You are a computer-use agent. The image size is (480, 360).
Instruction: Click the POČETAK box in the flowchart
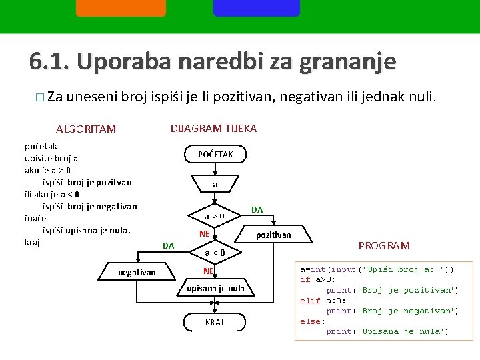coord(215,155)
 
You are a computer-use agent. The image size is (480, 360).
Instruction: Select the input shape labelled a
coord(215,184)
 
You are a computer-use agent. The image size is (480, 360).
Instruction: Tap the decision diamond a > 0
coord(215,216)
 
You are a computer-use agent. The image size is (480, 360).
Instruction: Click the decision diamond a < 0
coord(215,253)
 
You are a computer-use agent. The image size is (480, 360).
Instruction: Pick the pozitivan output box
coord(273,235)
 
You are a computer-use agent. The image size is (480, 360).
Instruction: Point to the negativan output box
coord(137,272)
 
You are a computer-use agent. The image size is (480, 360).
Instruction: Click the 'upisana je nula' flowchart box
coord(215,289)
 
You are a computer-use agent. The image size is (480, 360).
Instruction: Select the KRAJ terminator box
coord(215,322)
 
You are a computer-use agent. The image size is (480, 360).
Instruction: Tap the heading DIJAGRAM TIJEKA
coord(213,128)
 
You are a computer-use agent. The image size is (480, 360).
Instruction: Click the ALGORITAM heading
coord(86,129)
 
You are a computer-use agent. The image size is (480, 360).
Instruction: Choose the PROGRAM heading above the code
coord(384,246)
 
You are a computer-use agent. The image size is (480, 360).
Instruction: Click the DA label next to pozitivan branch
coord(257,209)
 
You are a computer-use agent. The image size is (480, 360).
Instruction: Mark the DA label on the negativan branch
coord(169,246)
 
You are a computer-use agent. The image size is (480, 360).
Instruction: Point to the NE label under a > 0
coord(205,234)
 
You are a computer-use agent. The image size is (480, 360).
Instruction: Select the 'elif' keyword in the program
coord(311,301)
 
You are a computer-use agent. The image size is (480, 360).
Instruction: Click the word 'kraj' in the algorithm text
coord(32,242)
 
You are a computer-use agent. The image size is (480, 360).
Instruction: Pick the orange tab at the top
coord(121,7)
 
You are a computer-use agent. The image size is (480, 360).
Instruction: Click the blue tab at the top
coord(256,7)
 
